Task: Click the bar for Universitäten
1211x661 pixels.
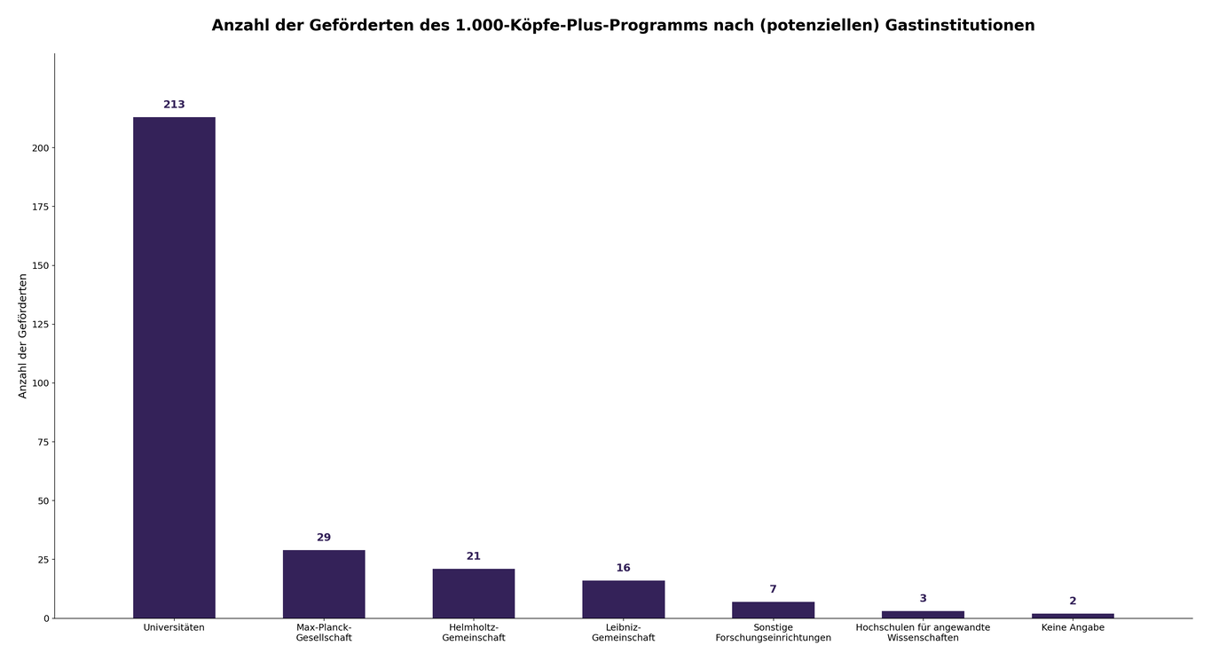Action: (x=174, y=367)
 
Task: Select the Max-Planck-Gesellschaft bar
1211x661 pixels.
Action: (x=324, y=584)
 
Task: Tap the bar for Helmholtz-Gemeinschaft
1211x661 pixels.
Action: (x=474, y=594)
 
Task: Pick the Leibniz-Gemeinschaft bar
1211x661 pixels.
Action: (x=623, y=599)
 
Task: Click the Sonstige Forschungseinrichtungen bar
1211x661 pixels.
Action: (x=773, y=610)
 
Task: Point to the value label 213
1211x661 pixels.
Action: (x=174, y=105)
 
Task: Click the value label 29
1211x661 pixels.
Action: (x=324, y=538)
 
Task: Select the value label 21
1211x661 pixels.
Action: (x=474, y=556)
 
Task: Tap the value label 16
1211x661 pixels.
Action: (x=623, y=568)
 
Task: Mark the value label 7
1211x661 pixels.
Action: (x=773, y=589)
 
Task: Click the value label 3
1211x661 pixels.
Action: (x=923, y=599)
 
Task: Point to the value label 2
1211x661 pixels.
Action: (x=1073, y=601)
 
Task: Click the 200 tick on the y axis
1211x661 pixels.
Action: (x=41, y=148)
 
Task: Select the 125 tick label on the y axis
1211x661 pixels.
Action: (x=41, y=325)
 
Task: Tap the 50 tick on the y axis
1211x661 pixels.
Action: (x=43, y=501)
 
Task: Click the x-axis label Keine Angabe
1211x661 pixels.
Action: (x=1073, y=627)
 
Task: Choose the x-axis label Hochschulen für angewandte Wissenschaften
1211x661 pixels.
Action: (x=923, y=633)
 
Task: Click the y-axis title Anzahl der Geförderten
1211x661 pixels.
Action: (x=23, y=335)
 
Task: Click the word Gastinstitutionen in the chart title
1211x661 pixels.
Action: (x=960, y=26)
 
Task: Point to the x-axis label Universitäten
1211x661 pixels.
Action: (x=174, y=627)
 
